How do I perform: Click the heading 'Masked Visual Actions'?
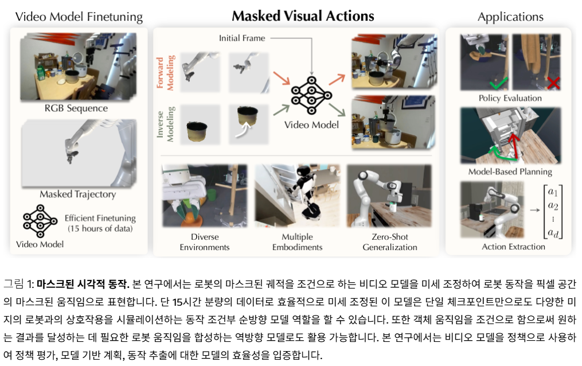303,16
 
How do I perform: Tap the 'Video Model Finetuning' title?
79,17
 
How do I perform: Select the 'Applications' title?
510,17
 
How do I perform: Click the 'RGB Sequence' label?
76,108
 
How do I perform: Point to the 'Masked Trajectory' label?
77,194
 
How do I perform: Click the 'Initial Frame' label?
242,38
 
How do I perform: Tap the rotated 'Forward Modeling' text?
165,73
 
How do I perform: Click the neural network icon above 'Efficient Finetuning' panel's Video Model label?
40,221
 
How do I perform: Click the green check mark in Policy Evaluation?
499,83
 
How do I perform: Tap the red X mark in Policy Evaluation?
553,83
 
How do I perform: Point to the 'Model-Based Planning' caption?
510,172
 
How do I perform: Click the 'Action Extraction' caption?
513,247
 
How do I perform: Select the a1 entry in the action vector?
553,192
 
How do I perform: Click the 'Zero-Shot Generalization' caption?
390,242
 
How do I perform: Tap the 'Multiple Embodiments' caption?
298,242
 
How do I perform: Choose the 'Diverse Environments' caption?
205,242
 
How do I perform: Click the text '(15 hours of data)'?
100,229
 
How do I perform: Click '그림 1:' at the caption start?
18,285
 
